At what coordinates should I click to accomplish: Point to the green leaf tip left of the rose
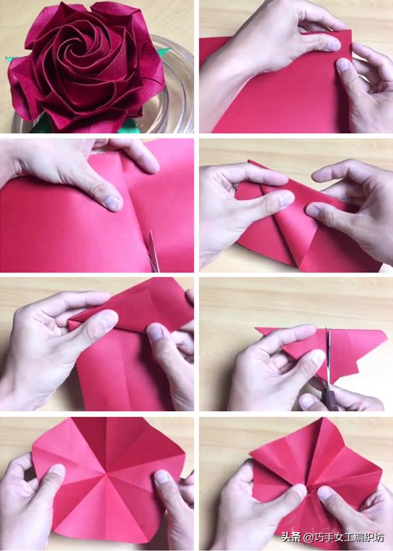[x=7, y=59]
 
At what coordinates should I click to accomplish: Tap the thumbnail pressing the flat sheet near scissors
[x=113, y=203]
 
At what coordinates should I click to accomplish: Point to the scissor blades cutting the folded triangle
[x=329, y=355]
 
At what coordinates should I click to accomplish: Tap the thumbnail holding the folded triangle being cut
[x=317, y=359]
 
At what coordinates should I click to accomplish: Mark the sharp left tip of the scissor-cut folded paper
[x=256, y=329]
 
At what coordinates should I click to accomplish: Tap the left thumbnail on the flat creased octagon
[x=57, y=472]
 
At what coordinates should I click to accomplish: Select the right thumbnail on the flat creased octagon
[x=162, y=478]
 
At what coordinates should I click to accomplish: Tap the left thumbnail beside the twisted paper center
[x=298, y=490]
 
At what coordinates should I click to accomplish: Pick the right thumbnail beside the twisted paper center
[x=324, y=493]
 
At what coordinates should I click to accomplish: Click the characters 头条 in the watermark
[x=291, y=537]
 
